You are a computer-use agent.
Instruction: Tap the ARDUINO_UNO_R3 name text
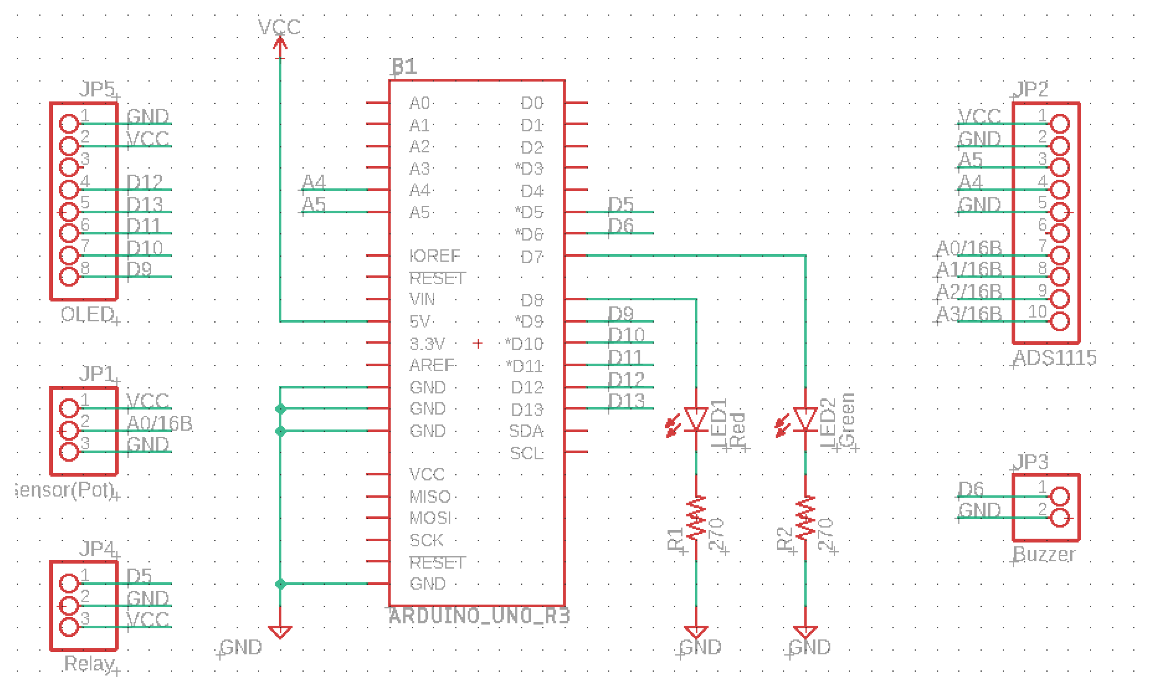[x=479, y=616]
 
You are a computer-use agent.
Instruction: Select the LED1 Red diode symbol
[x=695, y=419]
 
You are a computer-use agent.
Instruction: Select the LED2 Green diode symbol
[x=805, y=419]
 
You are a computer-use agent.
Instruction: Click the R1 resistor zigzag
[x=695, y=517]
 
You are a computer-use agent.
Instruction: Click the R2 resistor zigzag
[x=805, y=517]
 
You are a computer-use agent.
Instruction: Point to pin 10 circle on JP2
[x=1059, y=321]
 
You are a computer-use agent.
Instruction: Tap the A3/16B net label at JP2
[x=969, y=314]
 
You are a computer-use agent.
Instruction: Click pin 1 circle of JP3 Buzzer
[x=1059, y=496]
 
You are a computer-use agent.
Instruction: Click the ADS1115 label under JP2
[x=1054, y=358]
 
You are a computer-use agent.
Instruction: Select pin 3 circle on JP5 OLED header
[x=69, y=167]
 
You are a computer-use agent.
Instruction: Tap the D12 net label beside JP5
[x=144, y=182]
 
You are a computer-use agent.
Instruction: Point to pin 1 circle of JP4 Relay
[x=69, y=583]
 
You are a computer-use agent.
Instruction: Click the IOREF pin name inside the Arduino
[x=435, y=256]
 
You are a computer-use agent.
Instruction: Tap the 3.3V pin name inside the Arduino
[x=427, y=344]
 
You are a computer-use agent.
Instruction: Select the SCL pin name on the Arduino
[x=526, y=453]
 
